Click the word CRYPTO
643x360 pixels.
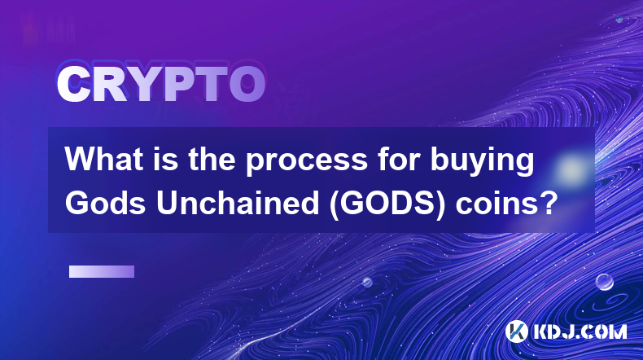pos(161,84)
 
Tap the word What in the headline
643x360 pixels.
pos(103,160)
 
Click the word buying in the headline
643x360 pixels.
pos(482,161)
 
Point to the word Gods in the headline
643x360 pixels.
pos(105,203)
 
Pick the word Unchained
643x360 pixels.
pos(238,203)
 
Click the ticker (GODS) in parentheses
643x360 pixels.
pos(387,204)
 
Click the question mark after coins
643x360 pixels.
pos(546,203)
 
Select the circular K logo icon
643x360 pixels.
pos(516,331)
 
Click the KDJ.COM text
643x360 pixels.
pos(580,331)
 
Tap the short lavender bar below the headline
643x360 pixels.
pos(102,272)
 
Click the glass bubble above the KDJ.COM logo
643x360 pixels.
pos(605,283)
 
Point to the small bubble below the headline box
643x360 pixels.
pos(367,283)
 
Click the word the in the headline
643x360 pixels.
pos(212,160)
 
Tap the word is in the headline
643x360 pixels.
pos(166,160)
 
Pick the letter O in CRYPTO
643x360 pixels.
pos(247,84)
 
